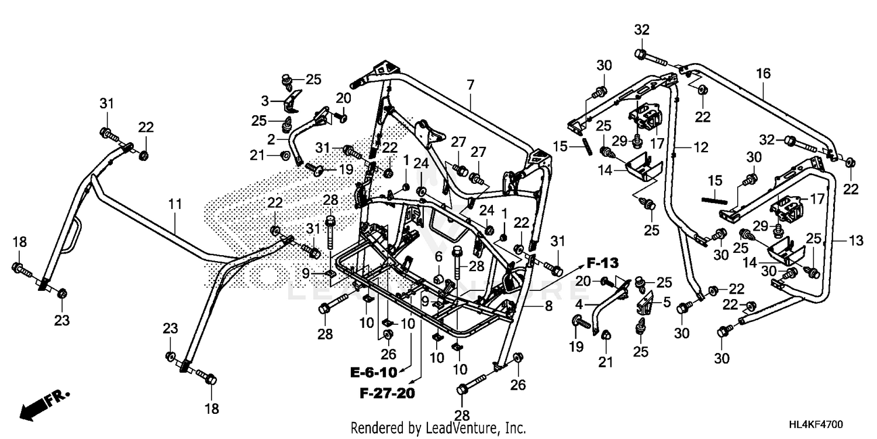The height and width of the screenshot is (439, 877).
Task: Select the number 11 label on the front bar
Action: (x=175, y=204)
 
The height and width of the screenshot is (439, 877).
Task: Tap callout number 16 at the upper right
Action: (x=763, y=74)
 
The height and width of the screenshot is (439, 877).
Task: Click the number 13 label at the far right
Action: (x=855, y=241)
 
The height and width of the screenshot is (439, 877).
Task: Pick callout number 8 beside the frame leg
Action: (x=548, y=306)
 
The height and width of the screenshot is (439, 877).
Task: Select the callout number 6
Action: (x=438, y=256)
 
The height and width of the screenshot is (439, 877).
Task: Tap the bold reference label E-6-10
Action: (x=374, y=372)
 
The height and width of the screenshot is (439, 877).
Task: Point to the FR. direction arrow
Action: (x=44, y=404)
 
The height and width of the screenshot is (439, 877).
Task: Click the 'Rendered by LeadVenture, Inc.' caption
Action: (x=438, y=428)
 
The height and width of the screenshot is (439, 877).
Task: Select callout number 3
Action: (x=265, y=101)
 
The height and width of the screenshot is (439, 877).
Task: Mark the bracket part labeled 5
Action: (x=645, y=305)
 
